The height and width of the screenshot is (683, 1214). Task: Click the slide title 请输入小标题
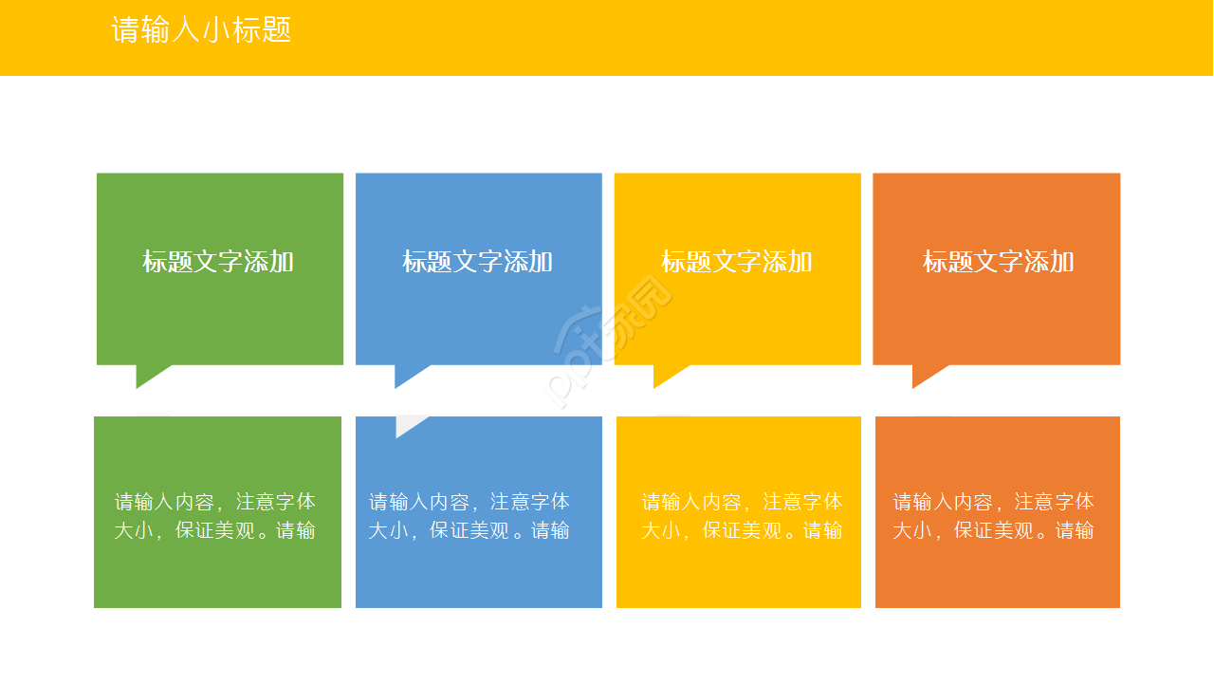click(x=201, y=30)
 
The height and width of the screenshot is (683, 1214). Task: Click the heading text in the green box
click(x=218, y=262)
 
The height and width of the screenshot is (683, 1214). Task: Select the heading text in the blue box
click(x=477, y=262)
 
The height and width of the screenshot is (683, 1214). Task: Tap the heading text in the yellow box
click(x=736, y=262)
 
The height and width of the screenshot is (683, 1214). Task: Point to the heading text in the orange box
click(x=998, y=262)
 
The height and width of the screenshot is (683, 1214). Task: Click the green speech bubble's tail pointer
click(x=149, y=375)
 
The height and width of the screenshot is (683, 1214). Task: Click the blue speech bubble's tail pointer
click(x=408, y=375)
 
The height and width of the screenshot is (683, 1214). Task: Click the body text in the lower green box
click(x=215, y=516)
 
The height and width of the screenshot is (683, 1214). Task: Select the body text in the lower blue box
click(x=469, y=516)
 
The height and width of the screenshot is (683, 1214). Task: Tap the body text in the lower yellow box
click(x=742, y=516)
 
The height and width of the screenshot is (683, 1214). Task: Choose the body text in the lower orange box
click(x=993, y=516)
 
